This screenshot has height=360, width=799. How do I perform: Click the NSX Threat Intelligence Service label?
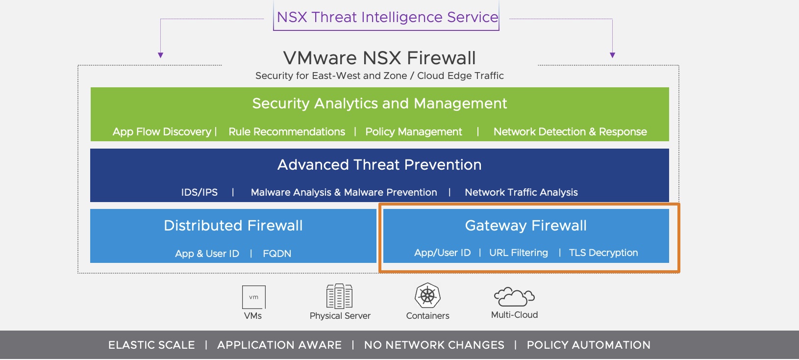pos(387,17)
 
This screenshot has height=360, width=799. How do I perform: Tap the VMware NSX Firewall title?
pos(379,58)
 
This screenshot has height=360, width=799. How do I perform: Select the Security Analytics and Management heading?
pos(379,103)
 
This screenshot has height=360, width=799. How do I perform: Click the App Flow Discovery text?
pos(162,132)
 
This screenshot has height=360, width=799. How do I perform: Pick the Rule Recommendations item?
pos(287,132)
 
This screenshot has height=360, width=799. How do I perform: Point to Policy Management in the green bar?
pos(414,132)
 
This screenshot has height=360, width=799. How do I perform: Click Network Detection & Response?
pos(570,132)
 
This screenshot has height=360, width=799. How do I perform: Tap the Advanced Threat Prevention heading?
pos(379,165)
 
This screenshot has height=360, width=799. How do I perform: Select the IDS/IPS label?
pos(199,192)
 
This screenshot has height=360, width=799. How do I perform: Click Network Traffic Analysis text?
pos(521,192)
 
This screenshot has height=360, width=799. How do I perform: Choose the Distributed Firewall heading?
pos(233,226)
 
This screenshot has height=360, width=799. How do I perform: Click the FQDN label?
pos(277,254)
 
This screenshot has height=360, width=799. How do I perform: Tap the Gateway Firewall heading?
pos(525,226)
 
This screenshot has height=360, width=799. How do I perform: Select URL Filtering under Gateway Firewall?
pos(519,253)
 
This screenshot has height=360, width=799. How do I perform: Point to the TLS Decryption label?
pos(603,253)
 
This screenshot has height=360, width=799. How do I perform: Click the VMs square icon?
pos(253,297)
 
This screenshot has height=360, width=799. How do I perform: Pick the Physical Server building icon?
pos(340,296)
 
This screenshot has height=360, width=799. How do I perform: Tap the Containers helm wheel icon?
pos(427,295)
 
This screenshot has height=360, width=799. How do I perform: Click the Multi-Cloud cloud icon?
pos(514,296)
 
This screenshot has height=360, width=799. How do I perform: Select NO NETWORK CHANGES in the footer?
pos(434,345)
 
